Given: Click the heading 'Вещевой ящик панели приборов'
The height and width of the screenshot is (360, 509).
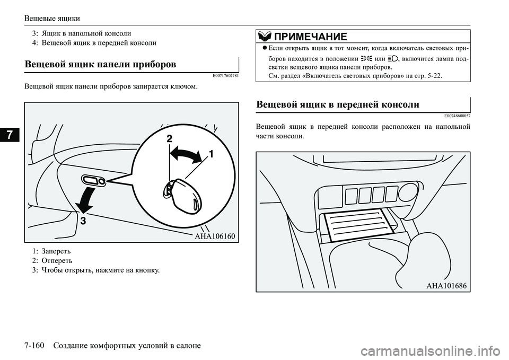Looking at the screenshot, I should point(100,64).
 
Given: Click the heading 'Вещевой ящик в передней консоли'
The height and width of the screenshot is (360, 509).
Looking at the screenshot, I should point(337,104).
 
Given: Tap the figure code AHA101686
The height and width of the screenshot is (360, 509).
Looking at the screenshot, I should point(445,285).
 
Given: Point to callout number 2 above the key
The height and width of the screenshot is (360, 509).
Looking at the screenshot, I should point(169,138).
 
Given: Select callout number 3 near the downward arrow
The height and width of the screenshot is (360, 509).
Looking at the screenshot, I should point(83,221).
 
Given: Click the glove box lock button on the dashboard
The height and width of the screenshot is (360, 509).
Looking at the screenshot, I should point(94,181).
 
